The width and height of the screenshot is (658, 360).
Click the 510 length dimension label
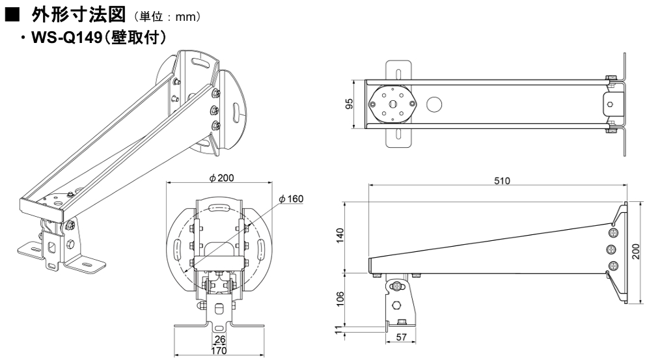pyautogui.click(x=502, y=180)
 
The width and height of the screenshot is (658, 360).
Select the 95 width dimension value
pyautogui.click(x=349, y=104)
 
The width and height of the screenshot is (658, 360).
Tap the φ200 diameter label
pyautogui.click(x=221, y=178)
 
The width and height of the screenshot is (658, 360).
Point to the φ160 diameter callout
pyautogui.click(x=291, y=199)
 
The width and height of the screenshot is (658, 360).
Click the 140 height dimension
pyautogui.click(x=340, y=235)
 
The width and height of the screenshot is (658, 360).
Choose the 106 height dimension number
pyautogui.click(x=340, y=299)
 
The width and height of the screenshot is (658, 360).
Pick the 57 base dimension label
pyautogui.click(x=401, y=337)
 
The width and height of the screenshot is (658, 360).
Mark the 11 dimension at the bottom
pyautogui.click(x=340, y=329)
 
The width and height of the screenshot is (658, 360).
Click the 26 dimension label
pyautogui.click(x=219, y=339)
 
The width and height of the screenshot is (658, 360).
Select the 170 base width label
pyautogui.click(x=219, y=350)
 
